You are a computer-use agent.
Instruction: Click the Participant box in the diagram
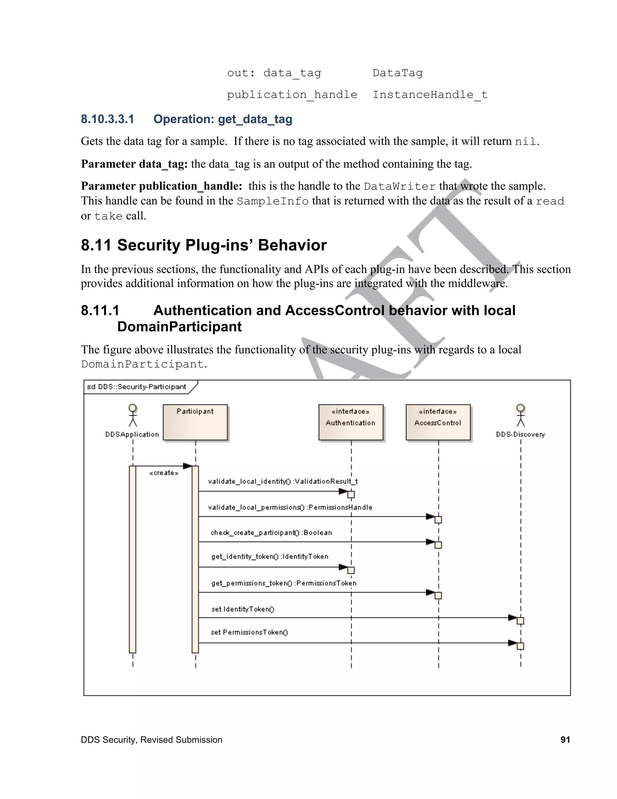[x=195, y=422]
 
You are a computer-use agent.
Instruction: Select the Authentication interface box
[x=351, y=422]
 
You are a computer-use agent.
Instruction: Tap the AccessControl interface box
[x=438, y=422]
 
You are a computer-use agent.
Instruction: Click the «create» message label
[x=164, y=473]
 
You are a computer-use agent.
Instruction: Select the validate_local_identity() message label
[x=283, y=482]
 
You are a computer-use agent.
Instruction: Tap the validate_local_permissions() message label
[x=290, y=507]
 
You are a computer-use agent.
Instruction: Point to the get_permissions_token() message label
[x=283, y=583]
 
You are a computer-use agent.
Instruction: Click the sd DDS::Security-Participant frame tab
[x=137, y=387]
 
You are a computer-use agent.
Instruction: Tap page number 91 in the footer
[x=565, y=740]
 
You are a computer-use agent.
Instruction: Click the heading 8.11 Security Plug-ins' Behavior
[x=204, y=245]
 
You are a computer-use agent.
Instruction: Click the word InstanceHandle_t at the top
[x=430, y=95]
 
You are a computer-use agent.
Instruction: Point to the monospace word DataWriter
[x=399, y=187]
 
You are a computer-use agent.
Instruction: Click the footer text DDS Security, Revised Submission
[x=151, y=740]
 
